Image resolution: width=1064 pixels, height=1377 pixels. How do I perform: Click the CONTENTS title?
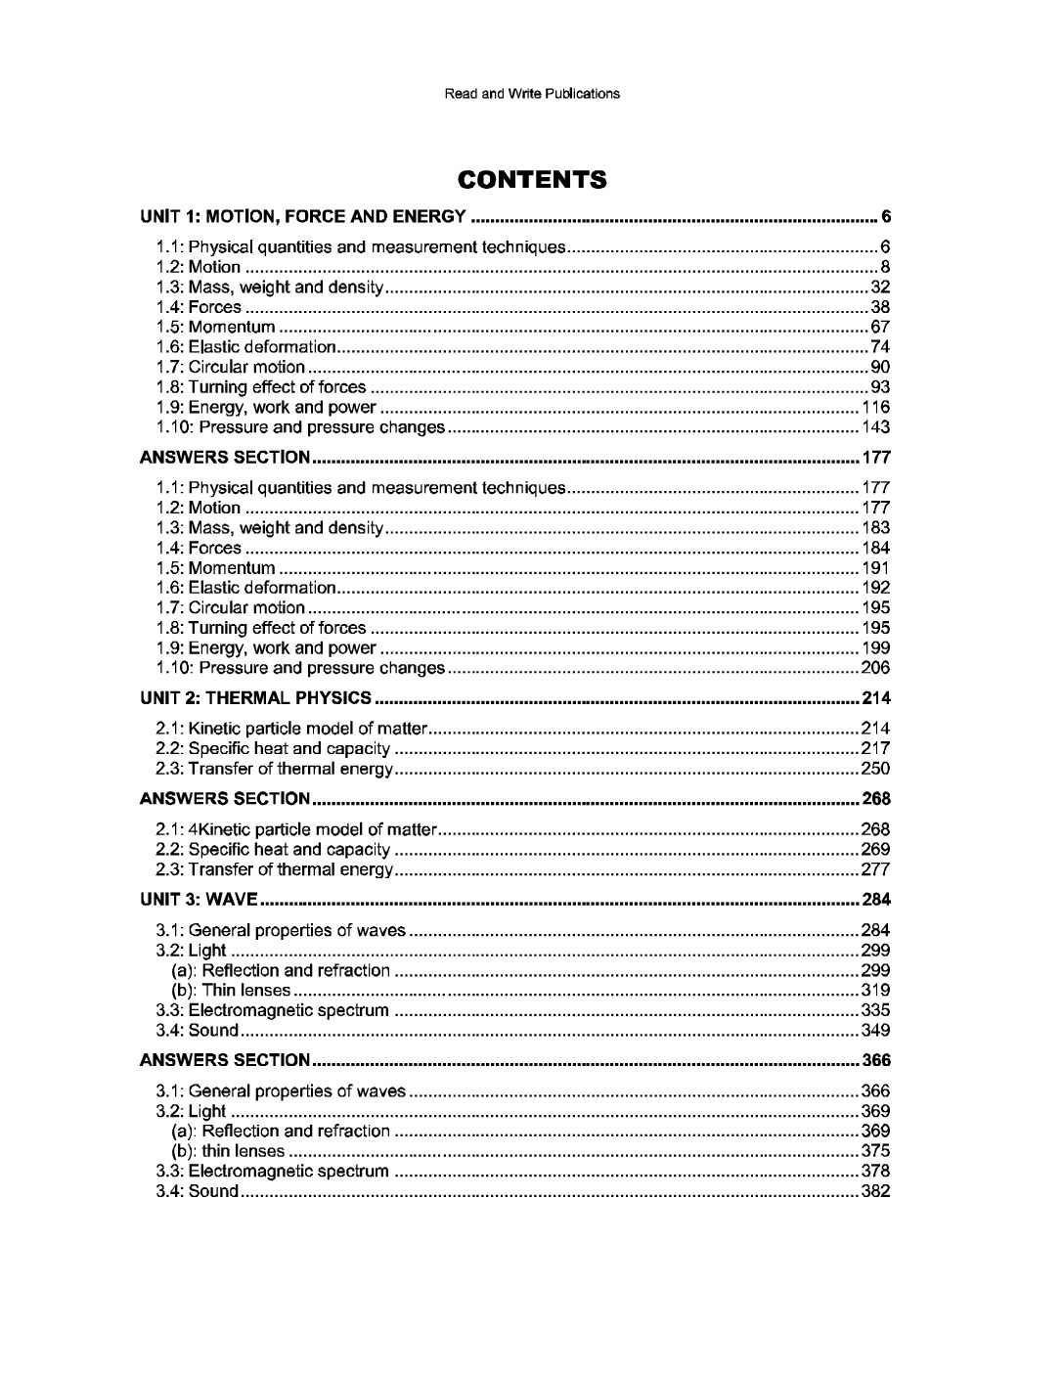tap(532, 180)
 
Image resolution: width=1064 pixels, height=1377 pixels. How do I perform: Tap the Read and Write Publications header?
tap(532, 94)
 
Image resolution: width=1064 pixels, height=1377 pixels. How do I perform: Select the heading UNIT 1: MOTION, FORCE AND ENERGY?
tap(303, 216)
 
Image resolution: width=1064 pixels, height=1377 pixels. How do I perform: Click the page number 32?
tap(880, 287)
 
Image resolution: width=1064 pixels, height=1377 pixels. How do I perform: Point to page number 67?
tap(880, 327)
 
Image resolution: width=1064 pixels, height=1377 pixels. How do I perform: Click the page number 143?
tap(875, 427)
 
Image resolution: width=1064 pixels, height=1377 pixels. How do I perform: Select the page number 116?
tap(875, 407)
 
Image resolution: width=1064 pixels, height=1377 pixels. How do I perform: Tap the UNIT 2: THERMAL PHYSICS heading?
tap(256, 698)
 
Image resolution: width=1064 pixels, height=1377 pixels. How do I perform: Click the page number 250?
tap(875, 769)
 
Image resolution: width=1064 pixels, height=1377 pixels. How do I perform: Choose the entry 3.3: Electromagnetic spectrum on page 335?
tap(273, 1010)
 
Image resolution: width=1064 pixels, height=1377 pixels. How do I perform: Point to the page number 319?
tap(875, 990)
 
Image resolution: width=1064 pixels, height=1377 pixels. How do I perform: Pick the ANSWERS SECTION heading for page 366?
tap(226, 1060)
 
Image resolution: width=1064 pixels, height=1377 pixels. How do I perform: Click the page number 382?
tap(875, 1191)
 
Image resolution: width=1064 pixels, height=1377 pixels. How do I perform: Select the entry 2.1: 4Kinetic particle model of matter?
tap(295, 829)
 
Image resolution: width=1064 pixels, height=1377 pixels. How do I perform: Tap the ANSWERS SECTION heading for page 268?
tap(226, 799)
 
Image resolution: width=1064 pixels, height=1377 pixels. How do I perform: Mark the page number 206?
tap(875, 668)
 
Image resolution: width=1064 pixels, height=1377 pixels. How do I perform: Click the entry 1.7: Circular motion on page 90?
tap(231, 367)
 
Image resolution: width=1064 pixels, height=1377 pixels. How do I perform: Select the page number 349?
tap(875, 1030)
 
